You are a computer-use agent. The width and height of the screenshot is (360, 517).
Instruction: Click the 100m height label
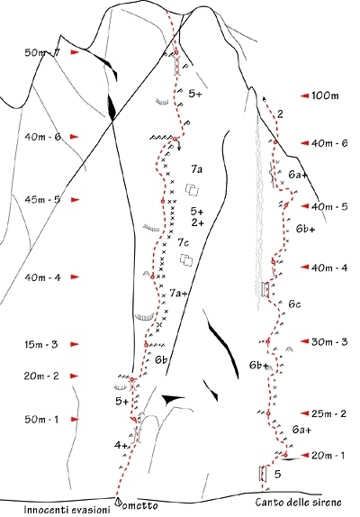325,96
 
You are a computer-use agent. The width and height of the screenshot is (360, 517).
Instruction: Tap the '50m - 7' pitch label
41,52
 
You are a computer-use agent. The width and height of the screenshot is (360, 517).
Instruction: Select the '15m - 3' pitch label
41,345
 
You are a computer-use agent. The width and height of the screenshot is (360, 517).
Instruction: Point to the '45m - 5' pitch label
42,200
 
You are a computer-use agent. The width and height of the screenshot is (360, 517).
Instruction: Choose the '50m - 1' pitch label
41,420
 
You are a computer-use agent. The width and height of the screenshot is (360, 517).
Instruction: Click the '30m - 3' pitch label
329,342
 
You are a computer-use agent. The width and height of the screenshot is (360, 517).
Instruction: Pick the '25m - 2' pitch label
328,413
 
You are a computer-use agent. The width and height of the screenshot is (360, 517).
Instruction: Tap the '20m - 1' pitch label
328,456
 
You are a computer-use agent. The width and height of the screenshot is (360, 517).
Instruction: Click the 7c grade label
184,243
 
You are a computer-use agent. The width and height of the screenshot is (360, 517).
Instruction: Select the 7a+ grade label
178,293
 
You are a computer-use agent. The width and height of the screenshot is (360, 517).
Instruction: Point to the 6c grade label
295,304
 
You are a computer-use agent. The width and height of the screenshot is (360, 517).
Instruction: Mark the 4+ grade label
121,446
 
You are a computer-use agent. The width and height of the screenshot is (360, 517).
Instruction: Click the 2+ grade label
197,222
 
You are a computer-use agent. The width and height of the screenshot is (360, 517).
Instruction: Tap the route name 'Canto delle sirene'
299,503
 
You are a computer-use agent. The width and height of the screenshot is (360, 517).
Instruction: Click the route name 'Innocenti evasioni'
67,510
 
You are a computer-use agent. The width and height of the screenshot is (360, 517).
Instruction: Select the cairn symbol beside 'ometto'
117,502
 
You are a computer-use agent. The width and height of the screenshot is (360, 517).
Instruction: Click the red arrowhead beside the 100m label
304,96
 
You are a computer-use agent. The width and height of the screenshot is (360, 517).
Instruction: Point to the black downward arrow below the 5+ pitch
179,145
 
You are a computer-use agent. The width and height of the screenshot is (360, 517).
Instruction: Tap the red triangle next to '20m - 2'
75,376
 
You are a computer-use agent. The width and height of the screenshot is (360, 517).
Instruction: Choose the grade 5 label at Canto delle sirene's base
278,474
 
